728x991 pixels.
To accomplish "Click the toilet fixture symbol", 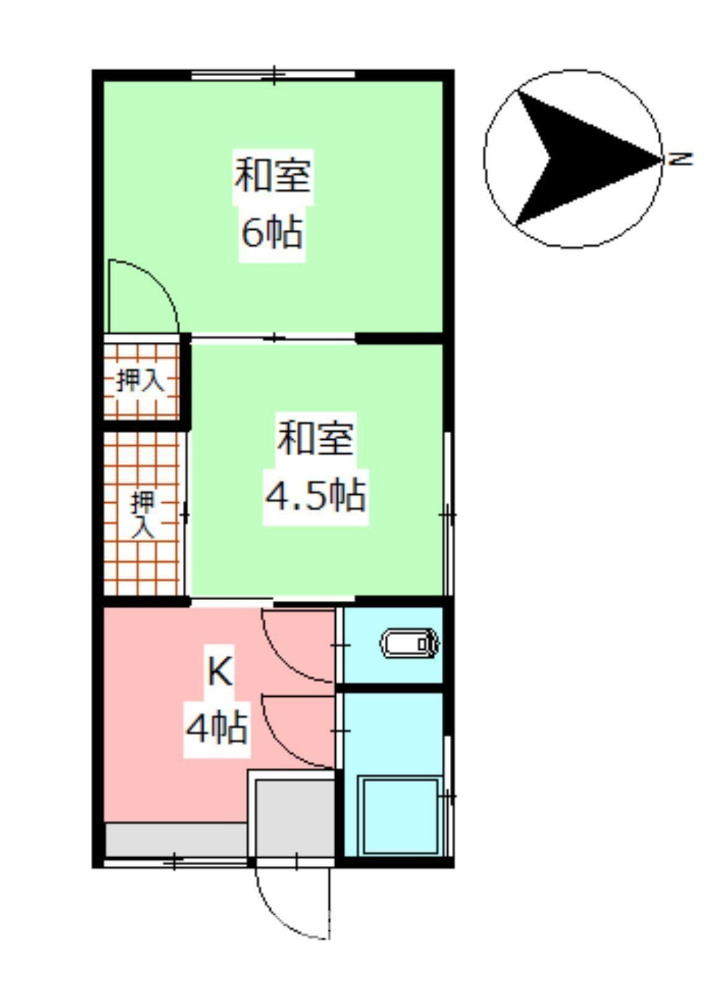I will pos(410,644).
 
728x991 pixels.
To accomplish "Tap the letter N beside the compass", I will pos(680,159).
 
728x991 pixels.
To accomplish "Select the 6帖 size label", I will pos(272,233).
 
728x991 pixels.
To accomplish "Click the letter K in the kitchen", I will pos(219,671).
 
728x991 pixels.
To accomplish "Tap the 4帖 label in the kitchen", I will pos(217,727).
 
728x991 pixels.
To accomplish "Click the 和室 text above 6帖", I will pos(272,175).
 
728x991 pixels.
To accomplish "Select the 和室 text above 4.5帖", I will pos(315,438).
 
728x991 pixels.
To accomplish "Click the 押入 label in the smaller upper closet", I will pos(141,380).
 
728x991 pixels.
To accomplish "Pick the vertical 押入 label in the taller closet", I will pos(143,514).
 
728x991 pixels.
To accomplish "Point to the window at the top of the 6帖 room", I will pos(273,76).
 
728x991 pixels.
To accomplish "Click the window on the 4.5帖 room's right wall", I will pos(448,514).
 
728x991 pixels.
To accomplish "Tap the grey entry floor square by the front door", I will pos(295,818).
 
